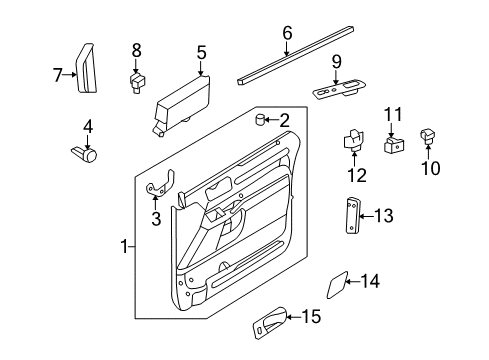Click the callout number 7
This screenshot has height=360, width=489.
58,72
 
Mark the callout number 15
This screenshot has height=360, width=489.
311,317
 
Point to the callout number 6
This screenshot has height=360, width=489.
287,32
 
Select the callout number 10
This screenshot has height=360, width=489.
430,169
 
